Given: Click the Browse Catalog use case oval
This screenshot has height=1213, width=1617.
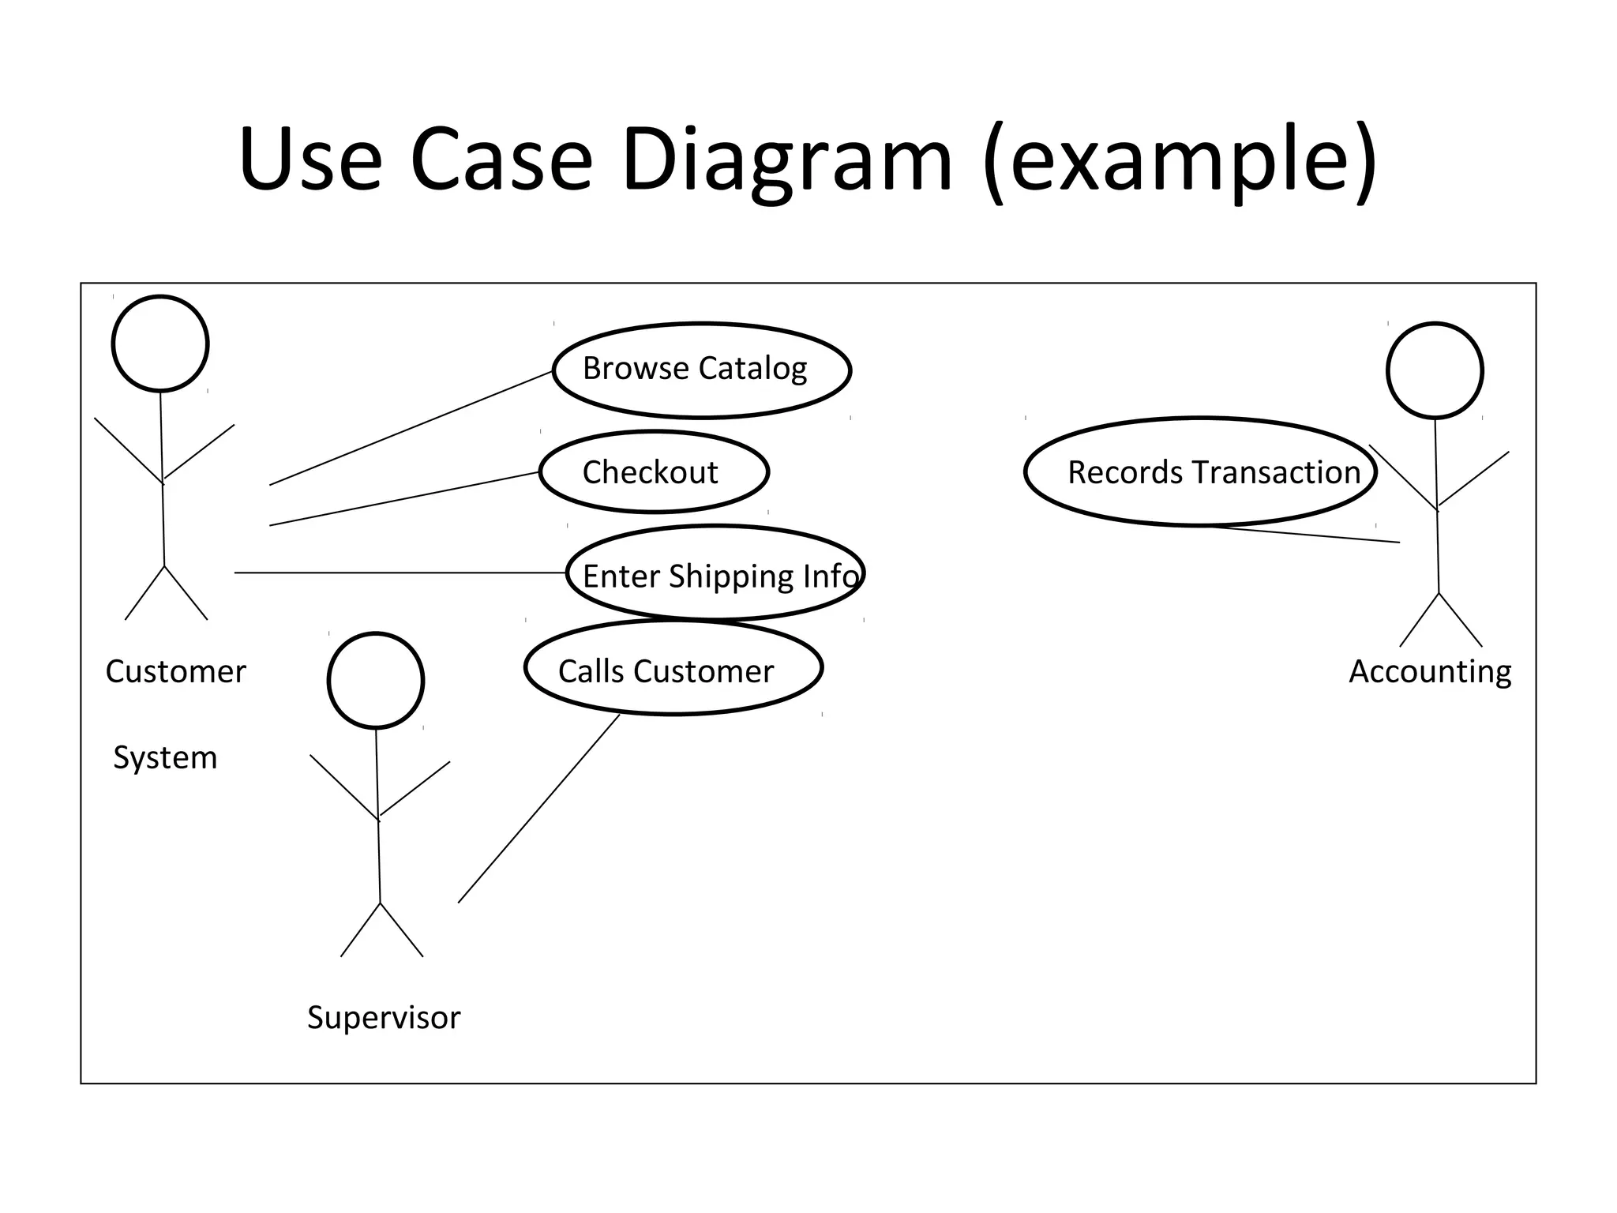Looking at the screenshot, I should pos(701,370).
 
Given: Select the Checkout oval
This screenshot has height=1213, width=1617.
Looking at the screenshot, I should pos(654,472).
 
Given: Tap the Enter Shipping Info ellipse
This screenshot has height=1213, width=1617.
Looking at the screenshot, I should pos(715,575).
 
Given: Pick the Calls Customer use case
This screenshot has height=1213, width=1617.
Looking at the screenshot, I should pos(673,670).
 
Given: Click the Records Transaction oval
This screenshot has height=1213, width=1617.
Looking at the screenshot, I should pos(1200,472).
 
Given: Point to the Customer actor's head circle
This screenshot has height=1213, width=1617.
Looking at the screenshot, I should pos(160,344).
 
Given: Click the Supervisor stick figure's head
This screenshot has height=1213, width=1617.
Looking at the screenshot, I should pos(376,681).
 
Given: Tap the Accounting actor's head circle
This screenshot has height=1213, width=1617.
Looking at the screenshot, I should pos(1435,370).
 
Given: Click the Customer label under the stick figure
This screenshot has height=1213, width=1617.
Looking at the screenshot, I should pos(175,672).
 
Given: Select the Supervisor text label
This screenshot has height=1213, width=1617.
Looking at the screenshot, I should pos(384,1017).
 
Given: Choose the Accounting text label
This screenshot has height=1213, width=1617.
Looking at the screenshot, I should pos(1430,672).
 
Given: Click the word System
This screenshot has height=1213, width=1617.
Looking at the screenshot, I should pos(165,757).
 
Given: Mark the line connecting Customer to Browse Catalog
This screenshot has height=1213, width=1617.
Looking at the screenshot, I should pos(411,428).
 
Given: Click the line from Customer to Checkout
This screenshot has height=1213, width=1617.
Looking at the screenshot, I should pos(404,499).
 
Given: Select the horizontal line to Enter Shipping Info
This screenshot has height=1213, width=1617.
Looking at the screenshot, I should pos(400,573).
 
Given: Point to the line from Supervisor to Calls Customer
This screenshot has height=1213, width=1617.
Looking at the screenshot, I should pos(538,809).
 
